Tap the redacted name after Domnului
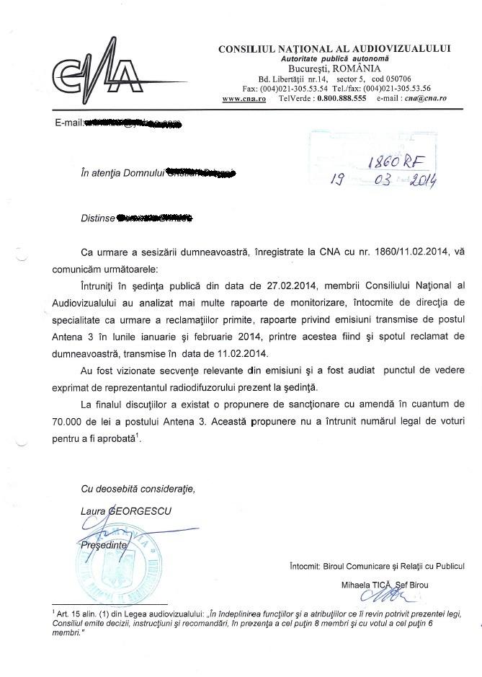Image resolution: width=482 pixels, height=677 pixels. click(x=200, y=174)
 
